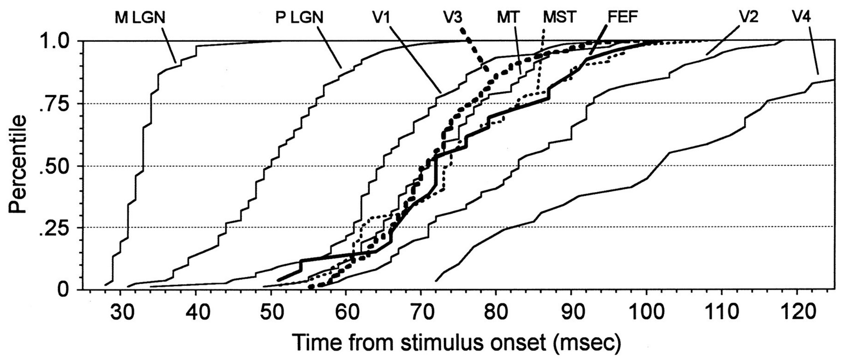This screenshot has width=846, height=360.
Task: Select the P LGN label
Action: [x=299, y=17]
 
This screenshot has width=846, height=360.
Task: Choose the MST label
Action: [x=558, y=17]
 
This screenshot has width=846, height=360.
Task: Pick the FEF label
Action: [x=623, y=17]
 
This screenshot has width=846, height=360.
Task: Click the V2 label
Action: [x=748, y=17]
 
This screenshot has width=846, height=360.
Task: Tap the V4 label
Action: [x=801, y=17]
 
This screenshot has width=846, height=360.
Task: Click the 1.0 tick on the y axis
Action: [x=56, y=41]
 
